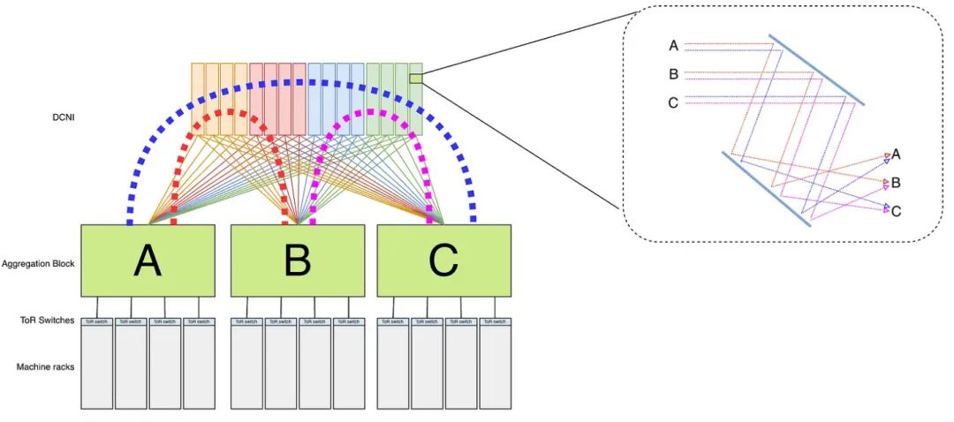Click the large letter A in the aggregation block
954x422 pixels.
(147, 260)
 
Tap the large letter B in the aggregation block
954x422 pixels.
(298, 260)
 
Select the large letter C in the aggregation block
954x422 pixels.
(443, 260)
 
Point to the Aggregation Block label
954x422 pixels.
(37, 263)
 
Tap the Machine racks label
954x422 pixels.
(45, 366)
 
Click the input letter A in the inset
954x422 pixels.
(674, 46)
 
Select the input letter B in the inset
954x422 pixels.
(674, 74)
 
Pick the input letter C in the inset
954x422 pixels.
(674, 103)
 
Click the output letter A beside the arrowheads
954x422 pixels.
(897, 154)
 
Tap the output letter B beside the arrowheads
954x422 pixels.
(897, 183)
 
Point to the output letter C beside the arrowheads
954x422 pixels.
(897, 211)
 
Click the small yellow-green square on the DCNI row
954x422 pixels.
(415, 79)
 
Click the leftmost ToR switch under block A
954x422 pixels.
(97, 321)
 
